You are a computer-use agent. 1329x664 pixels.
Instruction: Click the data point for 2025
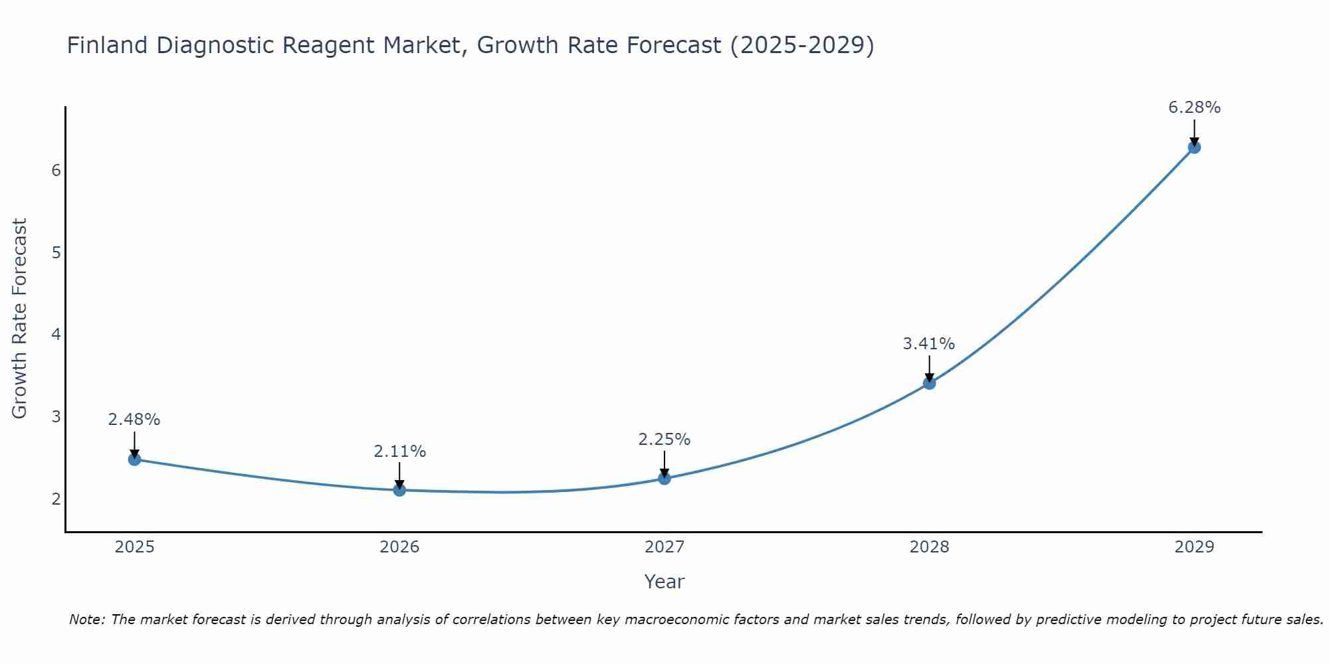pyautogui.click(x=134, y=459)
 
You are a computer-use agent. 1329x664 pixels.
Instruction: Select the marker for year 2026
pyautogui.click(x=399, y=490)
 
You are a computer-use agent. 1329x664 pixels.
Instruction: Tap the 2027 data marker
pyautogui.click(x=664, y=478)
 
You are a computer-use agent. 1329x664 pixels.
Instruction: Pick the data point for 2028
pyautogui.click(x=929, y=382)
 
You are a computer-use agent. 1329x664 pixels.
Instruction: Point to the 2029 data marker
pyautogui.click(x=1194, y=147)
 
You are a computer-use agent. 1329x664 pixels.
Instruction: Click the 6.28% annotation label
pyautogui.click(x=1194, y=108)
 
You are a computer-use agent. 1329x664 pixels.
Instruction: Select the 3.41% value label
pyautogui.click(x=928, y=344)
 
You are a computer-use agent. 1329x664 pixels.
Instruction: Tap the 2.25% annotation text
pyautogui.click(x=664, y=440)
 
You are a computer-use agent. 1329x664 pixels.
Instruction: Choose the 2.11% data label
pyautogui.click(x=399, y=452)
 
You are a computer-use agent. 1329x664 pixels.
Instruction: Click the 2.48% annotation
pyautogui.click(x=134, y=420)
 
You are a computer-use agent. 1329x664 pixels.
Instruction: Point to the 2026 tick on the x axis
pyautogui.click(x=399, y=547)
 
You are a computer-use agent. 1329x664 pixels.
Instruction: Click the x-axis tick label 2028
pyautogui.click(x=929, y=547)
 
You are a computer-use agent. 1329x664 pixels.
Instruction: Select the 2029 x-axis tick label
pyautogui.click(x=1194, y=547)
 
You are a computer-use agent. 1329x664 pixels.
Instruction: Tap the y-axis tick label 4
pyautogui.click(x=56, y=335)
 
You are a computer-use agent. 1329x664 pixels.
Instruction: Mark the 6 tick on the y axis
pyautogui.click(x=56, y=171)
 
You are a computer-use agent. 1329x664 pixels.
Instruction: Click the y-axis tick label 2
pyautogui.click(x=56, y=499)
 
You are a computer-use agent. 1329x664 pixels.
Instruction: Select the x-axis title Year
pyautogui.click(x=664, y=582)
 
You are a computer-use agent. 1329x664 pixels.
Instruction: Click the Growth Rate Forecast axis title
pyautogui.click(x=20, y=319)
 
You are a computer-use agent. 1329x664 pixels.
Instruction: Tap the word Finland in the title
pyautogui.click(x=107, y=45)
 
